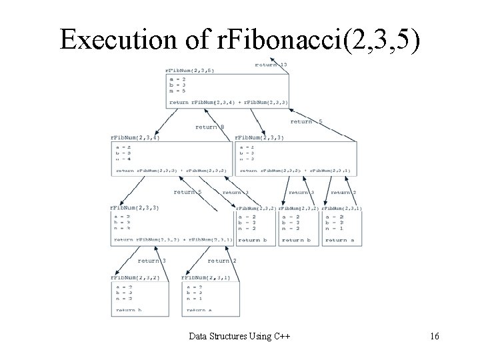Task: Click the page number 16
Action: click(434, 337)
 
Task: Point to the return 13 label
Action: click(271, 65)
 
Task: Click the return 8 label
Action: click(210, 126)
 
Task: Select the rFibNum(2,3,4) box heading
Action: click(135, 137)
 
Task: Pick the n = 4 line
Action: click(123, 159)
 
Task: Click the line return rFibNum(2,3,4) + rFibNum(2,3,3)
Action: click(229, 102)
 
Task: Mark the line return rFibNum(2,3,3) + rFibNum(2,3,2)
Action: click(171, 171)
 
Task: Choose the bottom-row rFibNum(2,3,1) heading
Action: click(207, 277)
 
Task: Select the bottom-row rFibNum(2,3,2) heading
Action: click(135, 277)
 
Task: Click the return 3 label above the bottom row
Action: click(152, 261)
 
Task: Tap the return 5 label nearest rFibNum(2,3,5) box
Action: click(306, 121)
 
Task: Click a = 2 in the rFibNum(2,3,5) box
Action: click(177, 79)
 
